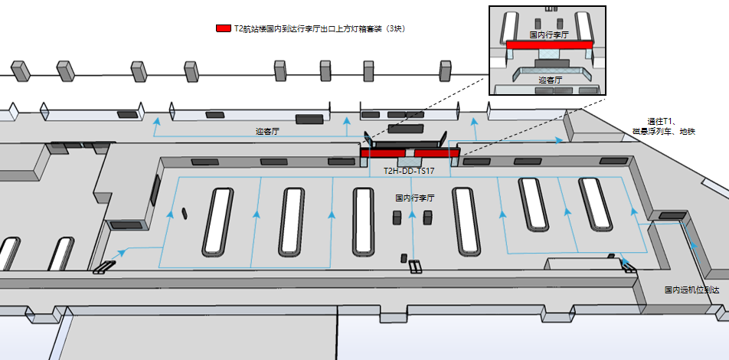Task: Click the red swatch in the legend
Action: tap(224, 28)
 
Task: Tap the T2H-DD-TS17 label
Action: tap(409, 171)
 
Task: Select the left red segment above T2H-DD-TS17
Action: tap(383, 152)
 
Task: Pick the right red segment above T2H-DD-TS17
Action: tap(436, 152)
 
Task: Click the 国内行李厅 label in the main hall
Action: tap(414, 198)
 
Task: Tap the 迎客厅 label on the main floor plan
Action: tap(267, 132)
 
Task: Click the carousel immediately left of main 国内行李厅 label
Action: tap(364, 221)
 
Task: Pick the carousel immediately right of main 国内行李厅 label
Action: tap(466, 221)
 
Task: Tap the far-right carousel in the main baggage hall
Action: tap(597, 203)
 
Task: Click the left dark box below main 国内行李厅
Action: tap(397, 218)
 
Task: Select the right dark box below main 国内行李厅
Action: tap(427, 218)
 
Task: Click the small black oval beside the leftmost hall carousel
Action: tap(185, 212)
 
